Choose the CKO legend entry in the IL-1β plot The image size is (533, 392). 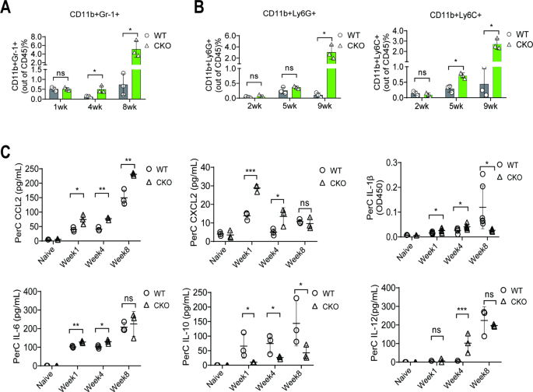point(510,177)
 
